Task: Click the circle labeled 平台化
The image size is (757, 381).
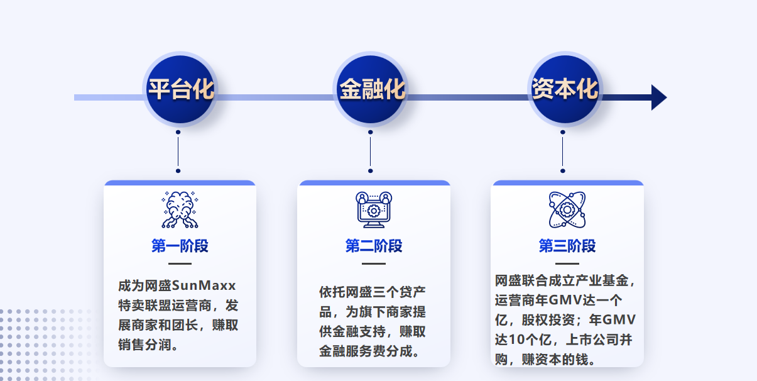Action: click(x=180, y=89)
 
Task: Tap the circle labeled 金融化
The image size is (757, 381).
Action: click(x=371, y=89)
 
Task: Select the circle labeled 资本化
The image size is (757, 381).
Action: click(x=565, y=89)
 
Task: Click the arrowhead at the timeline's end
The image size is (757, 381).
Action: click(x=659, y=97)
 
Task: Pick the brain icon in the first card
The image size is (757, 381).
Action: click(x=180, y=209)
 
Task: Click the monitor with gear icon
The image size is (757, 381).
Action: click(x=373, y=209)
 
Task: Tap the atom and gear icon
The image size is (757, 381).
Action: click(x=567, y=209)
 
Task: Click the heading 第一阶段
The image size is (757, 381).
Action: click(x=180, y=246)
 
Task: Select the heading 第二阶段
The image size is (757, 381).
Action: click(x=373, y=246)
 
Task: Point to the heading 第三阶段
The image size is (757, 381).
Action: click(x=567, y=246)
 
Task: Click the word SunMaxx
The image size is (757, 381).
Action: click(x=204, y=286)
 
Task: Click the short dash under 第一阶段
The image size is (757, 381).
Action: click(x=180, y=263)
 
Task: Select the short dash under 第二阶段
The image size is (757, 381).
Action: click(x=373, y=263)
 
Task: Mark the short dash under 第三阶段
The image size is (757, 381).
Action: click(x=567, y=263)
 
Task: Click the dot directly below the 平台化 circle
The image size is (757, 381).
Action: click(x=178, y=132)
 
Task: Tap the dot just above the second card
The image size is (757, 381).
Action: click(x=371, y=171)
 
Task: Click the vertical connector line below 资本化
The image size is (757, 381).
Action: click(x=563, y=152)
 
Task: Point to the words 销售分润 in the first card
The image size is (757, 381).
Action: click(x=144, y=345)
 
